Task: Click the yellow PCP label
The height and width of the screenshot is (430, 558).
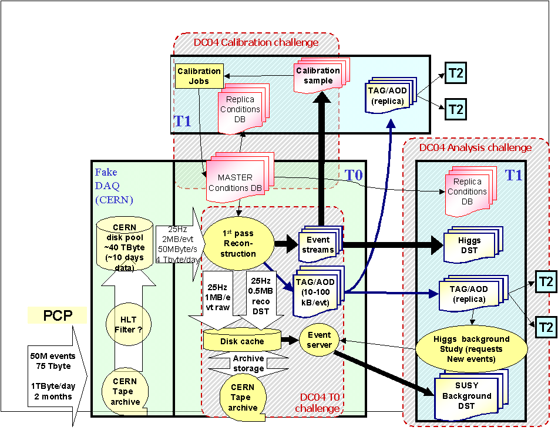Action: [57, 315]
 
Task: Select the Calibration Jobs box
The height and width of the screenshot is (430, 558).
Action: [199, 76]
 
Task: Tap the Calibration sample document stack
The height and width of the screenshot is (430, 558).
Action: [318, 76]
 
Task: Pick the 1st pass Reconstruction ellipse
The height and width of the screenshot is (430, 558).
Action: [238, 241]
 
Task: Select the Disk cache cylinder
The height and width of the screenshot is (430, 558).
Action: [242, 340]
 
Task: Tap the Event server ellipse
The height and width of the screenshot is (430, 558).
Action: [319, 340]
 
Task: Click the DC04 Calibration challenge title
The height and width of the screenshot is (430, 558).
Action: [256, 42]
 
